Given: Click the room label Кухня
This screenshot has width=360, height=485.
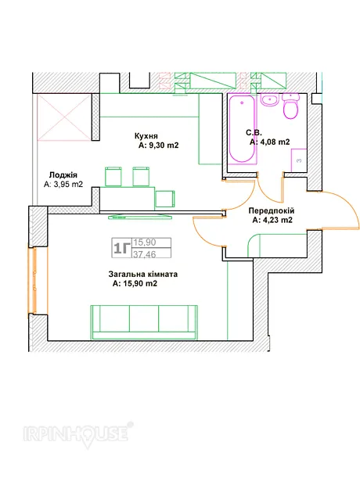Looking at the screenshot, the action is [x=146, y=136].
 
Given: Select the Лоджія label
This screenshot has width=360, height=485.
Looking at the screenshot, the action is [x=63, y=175].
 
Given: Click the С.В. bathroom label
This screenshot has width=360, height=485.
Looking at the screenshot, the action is [x=254, y=133].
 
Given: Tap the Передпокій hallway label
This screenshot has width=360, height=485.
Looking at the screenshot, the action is [x=272, y=211].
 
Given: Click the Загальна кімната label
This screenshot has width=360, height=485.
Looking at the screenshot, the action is [x=143, y=275].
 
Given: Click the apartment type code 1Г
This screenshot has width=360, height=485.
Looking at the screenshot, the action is [x=121, y=248].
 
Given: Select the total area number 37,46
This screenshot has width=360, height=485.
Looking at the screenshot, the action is [x=145, y=254].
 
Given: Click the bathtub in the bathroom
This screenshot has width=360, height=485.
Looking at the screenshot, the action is [x=242, y=128].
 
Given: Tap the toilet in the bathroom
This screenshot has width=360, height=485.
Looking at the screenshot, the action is [x=291, y=106].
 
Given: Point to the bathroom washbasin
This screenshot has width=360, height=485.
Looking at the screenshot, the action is [x=270, y=99].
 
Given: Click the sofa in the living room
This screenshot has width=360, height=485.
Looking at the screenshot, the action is [x=144, y=322].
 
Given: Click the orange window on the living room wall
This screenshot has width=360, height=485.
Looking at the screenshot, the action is [x=33, y=281].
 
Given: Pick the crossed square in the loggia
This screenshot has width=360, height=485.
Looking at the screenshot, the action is [x=64, y=117].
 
